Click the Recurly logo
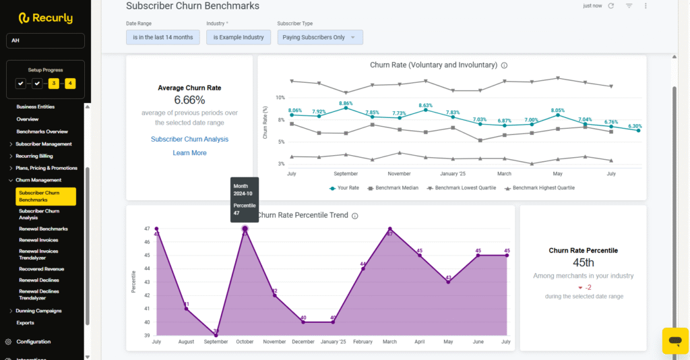click(45, 18)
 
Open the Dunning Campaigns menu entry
click(38, 311)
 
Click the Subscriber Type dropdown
click(320, 38)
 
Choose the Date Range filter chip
click(163, 38)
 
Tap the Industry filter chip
click(239, 38)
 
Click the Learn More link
click(189, 153)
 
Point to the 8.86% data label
click(346, 103)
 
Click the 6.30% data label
click(635, 126)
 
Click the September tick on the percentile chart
click(216, 342)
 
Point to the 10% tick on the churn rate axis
click(280, 98)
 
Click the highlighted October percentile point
click(245, 229)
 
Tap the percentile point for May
click(448, 282)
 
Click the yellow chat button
click(675, 340)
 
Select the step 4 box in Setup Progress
click(71, 84)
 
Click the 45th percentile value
click(584, 262)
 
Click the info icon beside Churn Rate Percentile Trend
click(355, 216)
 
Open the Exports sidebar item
click(26, 323)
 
